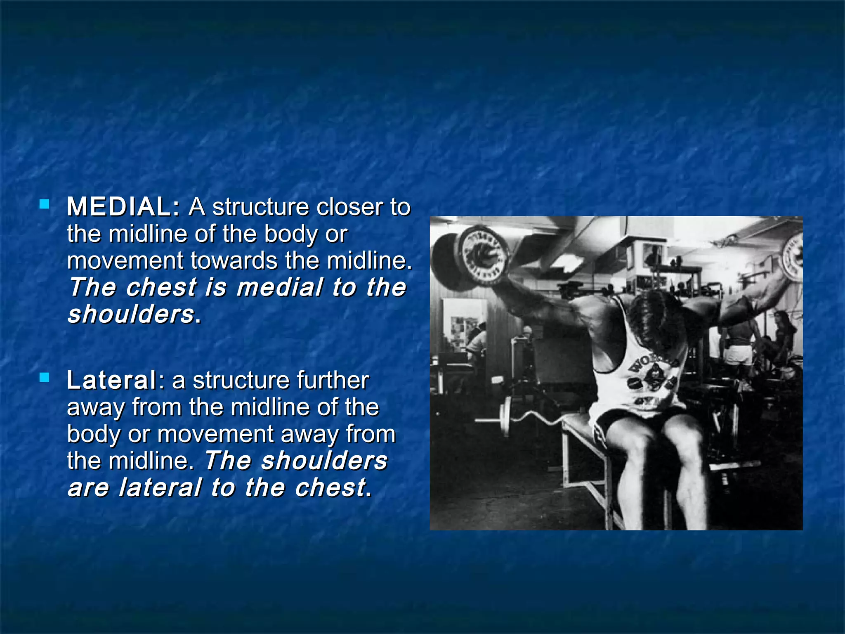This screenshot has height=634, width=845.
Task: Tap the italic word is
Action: pyautogui.click(x=216, y=287)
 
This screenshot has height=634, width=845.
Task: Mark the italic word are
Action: pyautogui.click(x=88, y=487)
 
